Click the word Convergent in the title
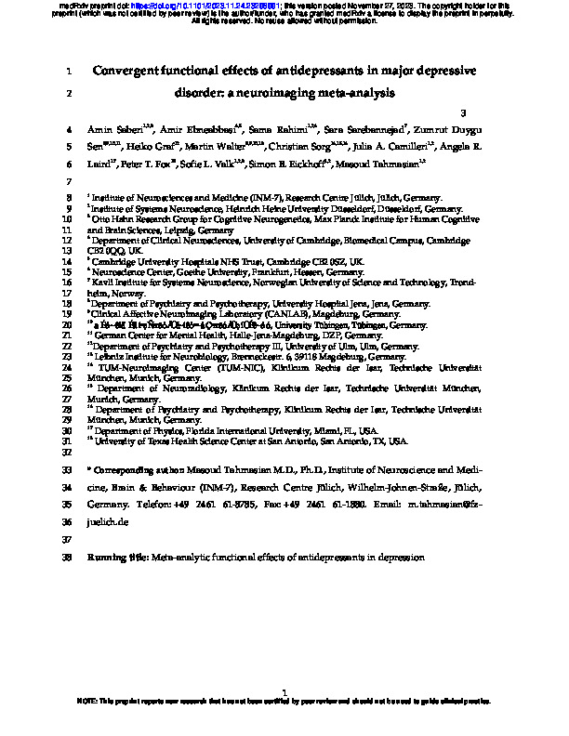pos(132,71)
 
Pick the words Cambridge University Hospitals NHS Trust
pos(177,262)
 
